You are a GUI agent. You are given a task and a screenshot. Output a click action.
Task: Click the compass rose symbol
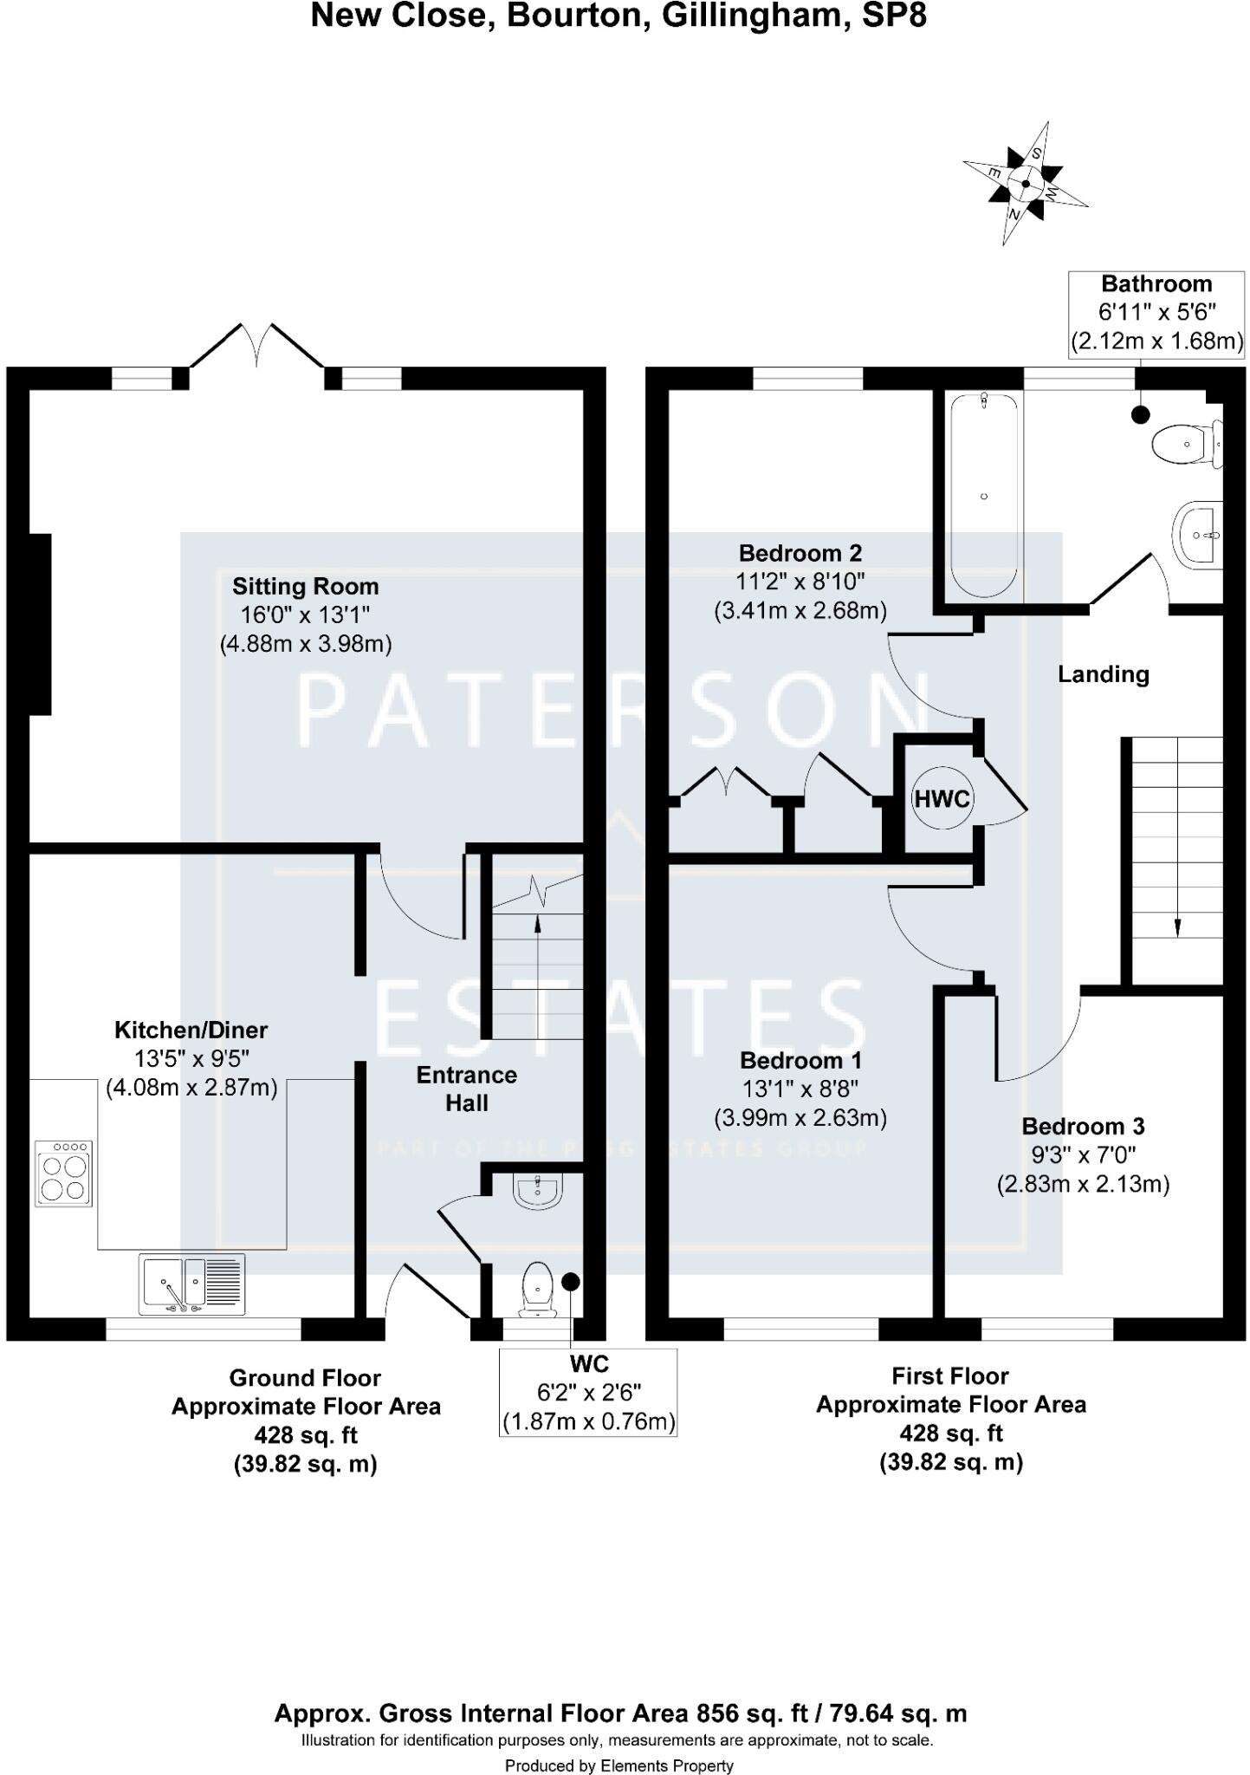pos(1026,183)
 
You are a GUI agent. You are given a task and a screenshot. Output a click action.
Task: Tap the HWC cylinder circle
pos(942,798)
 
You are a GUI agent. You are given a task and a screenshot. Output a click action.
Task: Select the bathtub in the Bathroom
pos(983,496)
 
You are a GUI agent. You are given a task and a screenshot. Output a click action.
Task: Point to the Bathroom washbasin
pos(1199,536)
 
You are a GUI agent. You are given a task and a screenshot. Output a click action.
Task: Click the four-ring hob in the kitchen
pos(63,1174)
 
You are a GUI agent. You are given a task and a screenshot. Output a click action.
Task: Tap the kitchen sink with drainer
pos(192,1284)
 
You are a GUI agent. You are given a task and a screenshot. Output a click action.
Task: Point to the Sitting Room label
pos(305,587)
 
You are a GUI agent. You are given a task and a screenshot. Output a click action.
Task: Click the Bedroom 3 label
pos(1083,1127)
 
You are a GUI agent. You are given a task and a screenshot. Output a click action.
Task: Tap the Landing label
pos(1103,674)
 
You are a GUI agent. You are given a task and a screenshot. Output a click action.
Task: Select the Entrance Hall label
pos(466,1089)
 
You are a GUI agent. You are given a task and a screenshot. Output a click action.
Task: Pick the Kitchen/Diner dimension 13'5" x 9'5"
pos(191,1058)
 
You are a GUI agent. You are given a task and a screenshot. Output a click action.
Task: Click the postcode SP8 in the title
pos(894,16)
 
